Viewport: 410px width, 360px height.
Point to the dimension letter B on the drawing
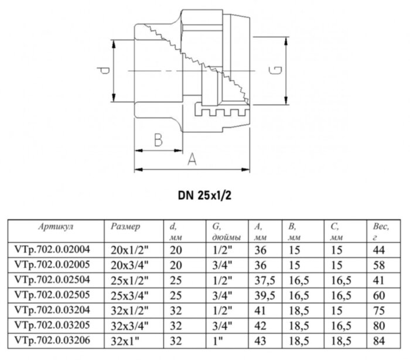[x=157, y=140]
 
